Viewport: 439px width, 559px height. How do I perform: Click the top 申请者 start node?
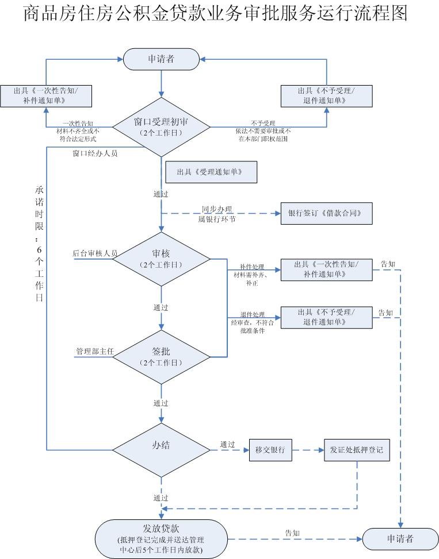(x=161, y=59)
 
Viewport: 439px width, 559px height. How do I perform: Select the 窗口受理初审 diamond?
(x=161, y=127)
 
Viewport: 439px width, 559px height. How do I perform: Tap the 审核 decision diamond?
(x=161, y=259)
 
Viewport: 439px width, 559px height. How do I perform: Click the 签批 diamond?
(x=161, y=357)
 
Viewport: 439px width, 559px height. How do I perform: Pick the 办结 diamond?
(x=161, y=450)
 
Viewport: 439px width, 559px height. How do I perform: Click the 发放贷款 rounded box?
(x=161, y=539)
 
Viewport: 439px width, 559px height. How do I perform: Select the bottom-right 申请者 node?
(x=400, y=539)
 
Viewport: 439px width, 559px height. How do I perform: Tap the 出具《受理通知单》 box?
(x=211, y=172)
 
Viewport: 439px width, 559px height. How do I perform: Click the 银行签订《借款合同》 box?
(x=327, y=214)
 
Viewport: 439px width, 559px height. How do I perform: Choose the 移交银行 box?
(x=270, y=450)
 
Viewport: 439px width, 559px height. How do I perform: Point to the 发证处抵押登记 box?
(x=357, y=450)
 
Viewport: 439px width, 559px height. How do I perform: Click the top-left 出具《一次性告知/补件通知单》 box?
(x=46, y=97)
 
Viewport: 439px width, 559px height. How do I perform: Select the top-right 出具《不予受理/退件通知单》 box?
(x=327, y=97)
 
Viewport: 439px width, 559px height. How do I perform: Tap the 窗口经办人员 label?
(x=95, y=153)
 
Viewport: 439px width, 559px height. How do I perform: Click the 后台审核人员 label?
(x=95, y=253)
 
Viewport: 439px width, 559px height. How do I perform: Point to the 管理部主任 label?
(x=95, y=352)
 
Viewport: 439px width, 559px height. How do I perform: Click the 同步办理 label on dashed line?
(x=217, y=210)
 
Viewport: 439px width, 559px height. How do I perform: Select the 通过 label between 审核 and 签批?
(x=161, y=308)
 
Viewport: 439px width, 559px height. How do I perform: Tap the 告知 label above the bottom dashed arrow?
(x=292, y=533)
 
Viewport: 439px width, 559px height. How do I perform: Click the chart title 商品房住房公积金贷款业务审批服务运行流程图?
(x=216, y=13)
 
